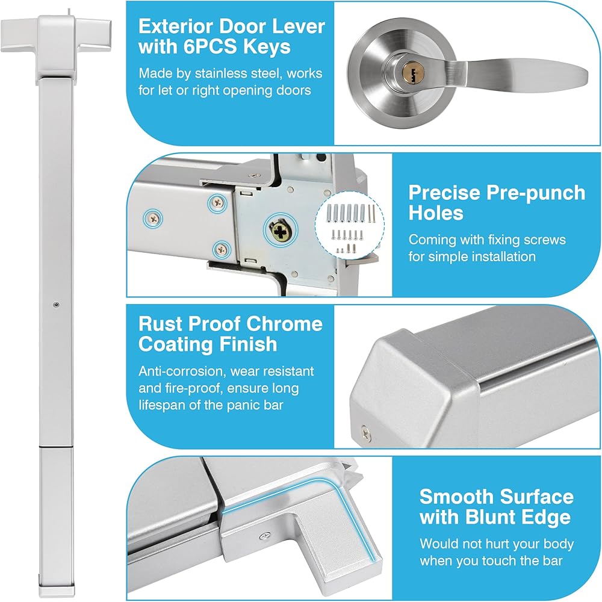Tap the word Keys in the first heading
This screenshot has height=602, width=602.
[x=267, y=47]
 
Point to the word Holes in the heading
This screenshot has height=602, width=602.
[x=436, y=213]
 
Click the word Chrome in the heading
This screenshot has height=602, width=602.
[x=285, y=324]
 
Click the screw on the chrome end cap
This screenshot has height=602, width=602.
[x=365, y=433]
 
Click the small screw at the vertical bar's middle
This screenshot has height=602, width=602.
[x=57, y=305]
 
